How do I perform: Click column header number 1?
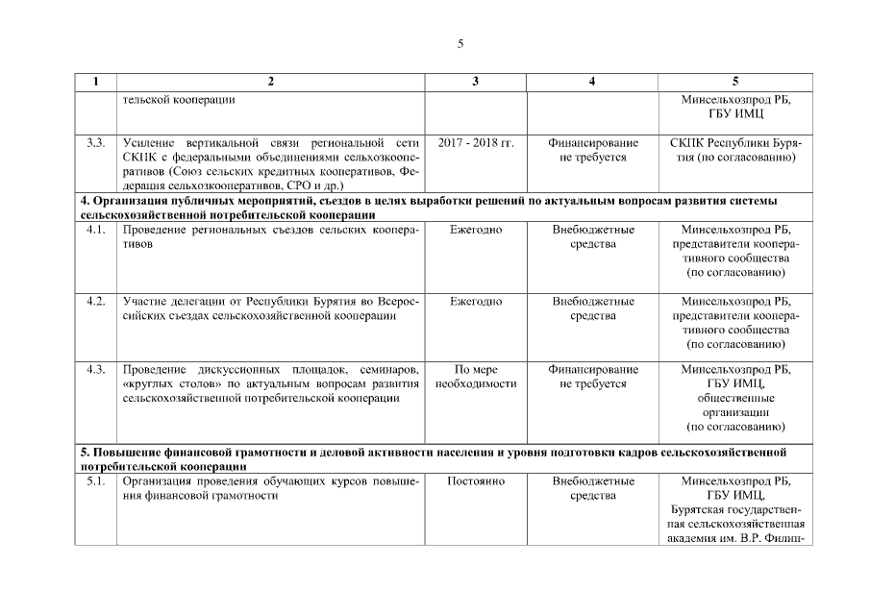coord(95,82)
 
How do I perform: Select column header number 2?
coord(270,82)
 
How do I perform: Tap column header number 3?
coord(476,82)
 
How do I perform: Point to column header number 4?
coord(592,82)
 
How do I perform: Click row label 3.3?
coord(95,143)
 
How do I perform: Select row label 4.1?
coord(95,231)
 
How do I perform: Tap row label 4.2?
coord(95,301)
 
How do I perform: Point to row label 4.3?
coord(95,369)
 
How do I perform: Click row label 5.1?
coord(95,481)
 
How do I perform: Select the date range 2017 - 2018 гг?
coord(476,143)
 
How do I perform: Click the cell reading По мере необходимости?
coord(476,377)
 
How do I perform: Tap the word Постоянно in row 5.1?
coord(476,481)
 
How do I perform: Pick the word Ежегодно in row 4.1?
coord(476,231)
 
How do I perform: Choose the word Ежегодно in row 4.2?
coord(476,301)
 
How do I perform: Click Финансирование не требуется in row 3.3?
coord(592,150)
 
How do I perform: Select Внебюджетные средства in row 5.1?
coord(592,488)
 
